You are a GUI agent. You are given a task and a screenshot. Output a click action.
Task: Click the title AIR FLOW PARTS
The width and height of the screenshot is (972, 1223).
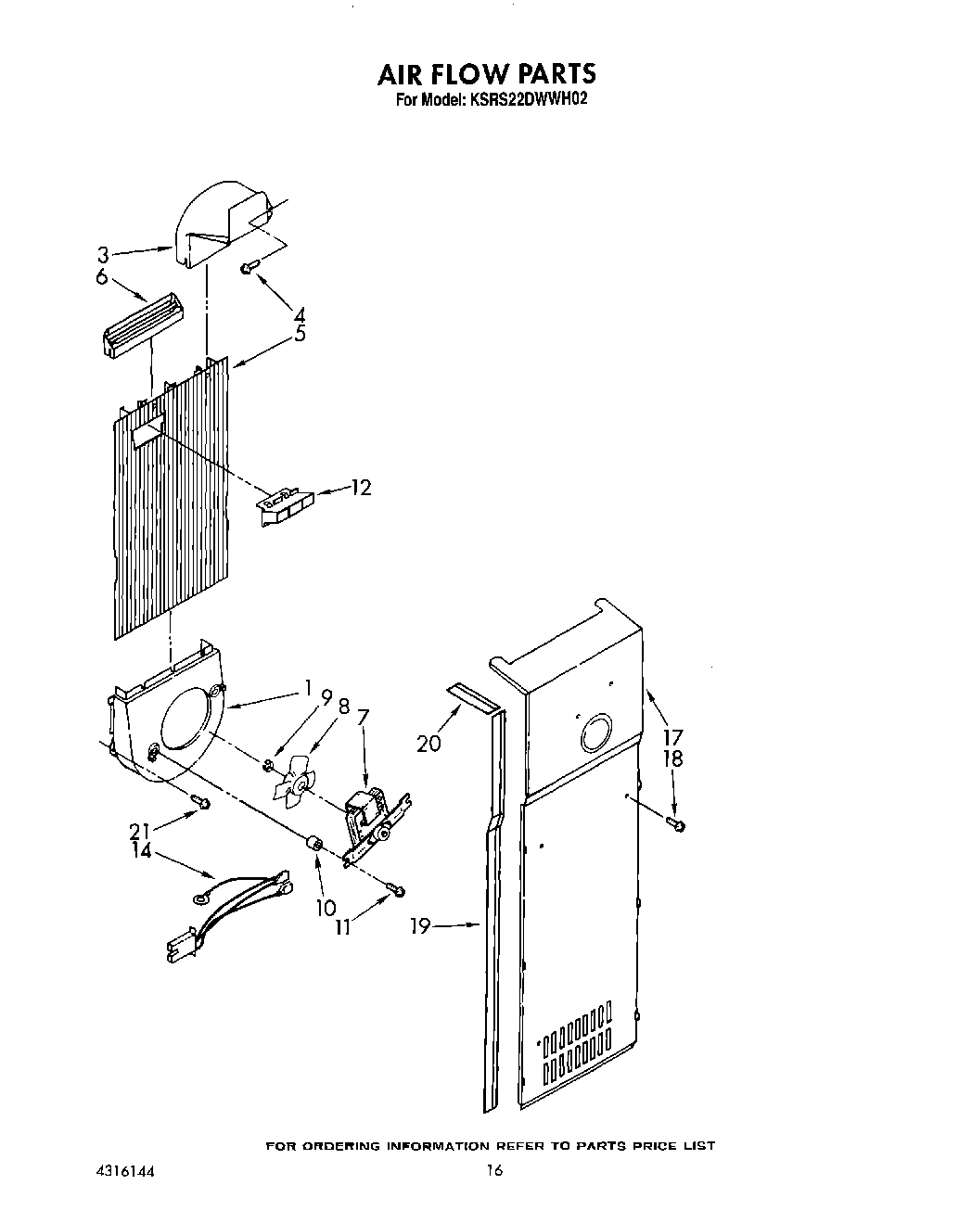click(x=486, y=74)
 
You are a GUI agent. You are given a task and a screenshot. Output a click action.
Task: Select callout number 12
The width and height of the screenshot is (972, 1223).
click(x=360, y=488)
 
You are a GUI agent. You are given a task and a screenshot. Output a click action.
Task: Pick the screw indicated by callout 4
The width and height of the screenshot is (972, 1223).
click(x=248, y=267)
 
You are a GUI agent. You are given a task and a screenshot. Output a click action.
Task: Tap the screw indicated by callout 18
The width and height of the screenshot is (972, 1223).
click(x=676, y=822)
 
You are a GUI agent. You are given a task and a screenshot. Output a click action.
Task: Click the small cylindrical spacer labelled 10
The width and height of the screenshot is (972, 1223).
click(x=314, y=843)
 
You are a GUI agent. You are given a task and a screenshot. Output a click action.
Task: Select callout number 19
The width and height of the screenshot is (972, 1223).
click(x=420, y=925)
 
